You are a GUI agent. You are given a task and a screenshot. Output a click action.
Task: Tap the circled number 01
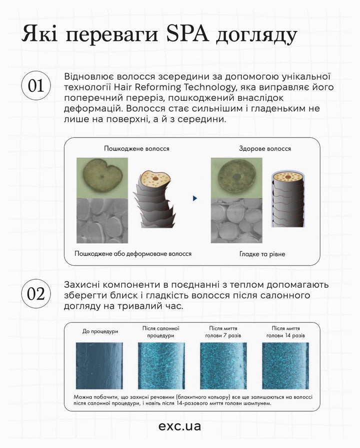pos(35,86)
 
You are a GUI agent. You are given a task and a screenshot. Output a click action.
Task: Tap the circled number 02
pos(35,294)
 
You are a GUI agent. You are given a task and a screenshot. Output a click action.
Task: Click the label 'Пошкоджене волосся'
pos(136,149)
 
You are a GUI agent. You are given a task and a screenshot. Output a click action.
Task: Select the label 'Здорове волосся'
pos(264,149)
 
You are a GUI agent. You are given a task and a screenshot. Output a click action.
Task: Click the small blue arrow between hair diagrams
pos(194,198)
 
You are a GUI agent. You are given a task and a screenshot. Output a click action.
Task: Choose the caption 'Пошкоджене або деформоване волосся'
pos(133,254)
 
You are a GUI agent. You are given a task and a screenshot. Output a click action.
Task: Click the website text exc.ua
pos(179,426)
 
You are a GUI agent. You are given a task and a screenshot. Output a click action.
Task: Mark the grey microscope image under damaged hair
pos(101,219)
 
